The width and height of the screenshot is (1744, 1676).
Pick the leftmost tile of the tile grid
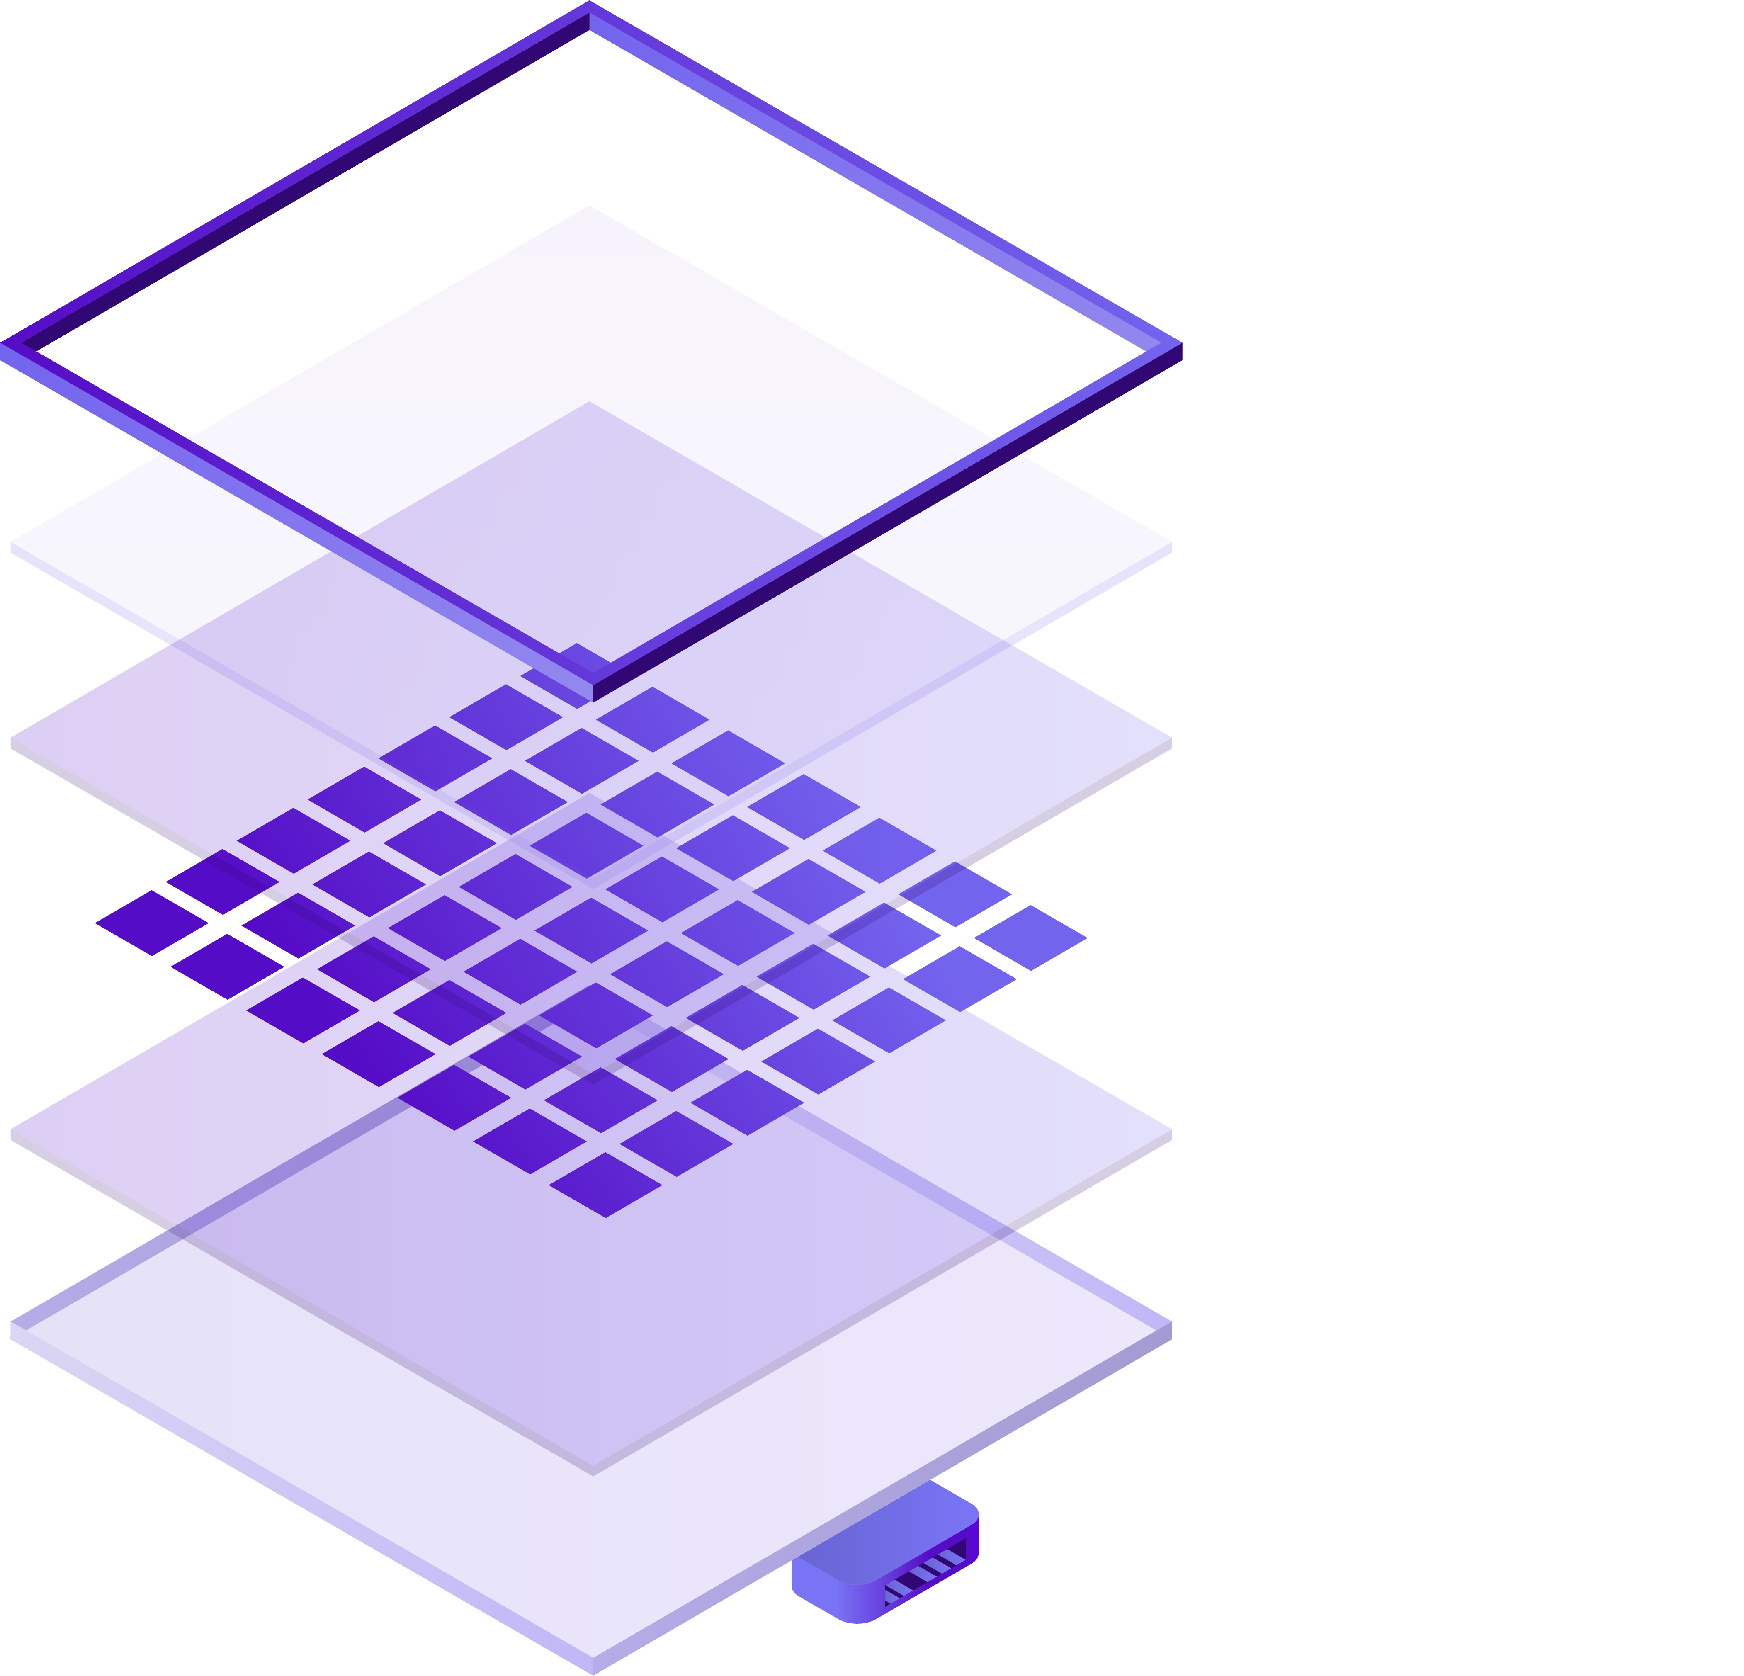click(x=151, y=923)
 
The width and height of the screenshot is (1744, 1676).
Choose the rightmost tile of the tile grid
click(x=1030, y=938)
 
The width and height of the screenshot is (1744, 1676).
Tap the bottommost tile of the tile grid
click(x=605, y=1185)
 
